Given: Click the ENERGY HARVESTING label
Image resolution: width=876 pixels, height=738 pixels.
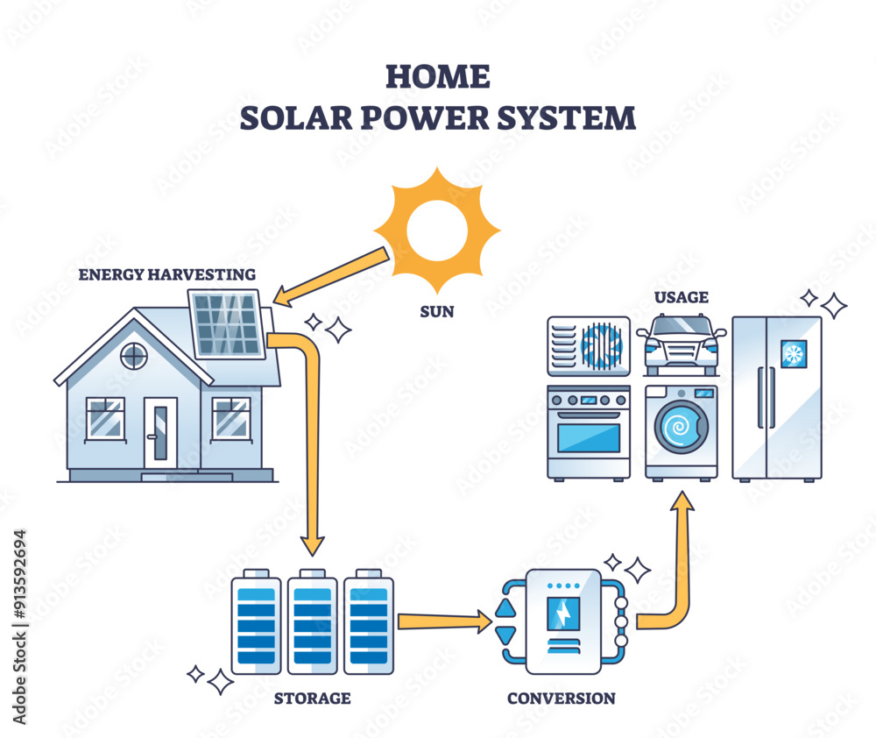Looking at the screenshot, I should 167,274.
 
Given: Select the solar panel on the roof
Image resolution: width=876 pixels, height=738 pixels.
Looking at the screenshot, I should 227,324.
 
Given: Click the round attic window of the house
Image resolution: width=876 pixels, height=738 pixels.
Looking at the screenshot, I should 133,356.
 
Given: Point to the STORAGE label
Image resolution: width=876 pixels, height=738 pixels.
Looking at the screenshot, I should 313,699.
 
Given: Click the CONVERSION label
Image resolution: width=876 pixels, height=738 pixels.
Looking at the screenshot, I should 561,699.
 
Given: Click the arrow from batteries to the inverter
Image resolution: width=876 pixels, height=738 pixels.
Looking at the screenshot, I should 443,621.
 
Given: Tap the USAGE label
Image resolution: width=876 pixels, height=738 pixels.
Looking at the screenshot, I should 681,298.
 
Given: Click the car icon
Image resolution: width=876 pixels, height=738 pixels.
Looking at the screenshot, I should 681,344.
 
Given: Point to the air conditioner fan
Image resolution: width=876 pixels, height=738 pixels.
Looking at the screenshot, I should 602,344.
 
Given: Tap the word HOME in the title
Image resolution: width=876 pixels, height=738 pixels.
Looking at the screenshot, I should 437,77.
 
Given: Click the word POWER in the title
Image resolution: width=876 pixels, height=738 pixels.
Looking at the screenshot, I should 438,118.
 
